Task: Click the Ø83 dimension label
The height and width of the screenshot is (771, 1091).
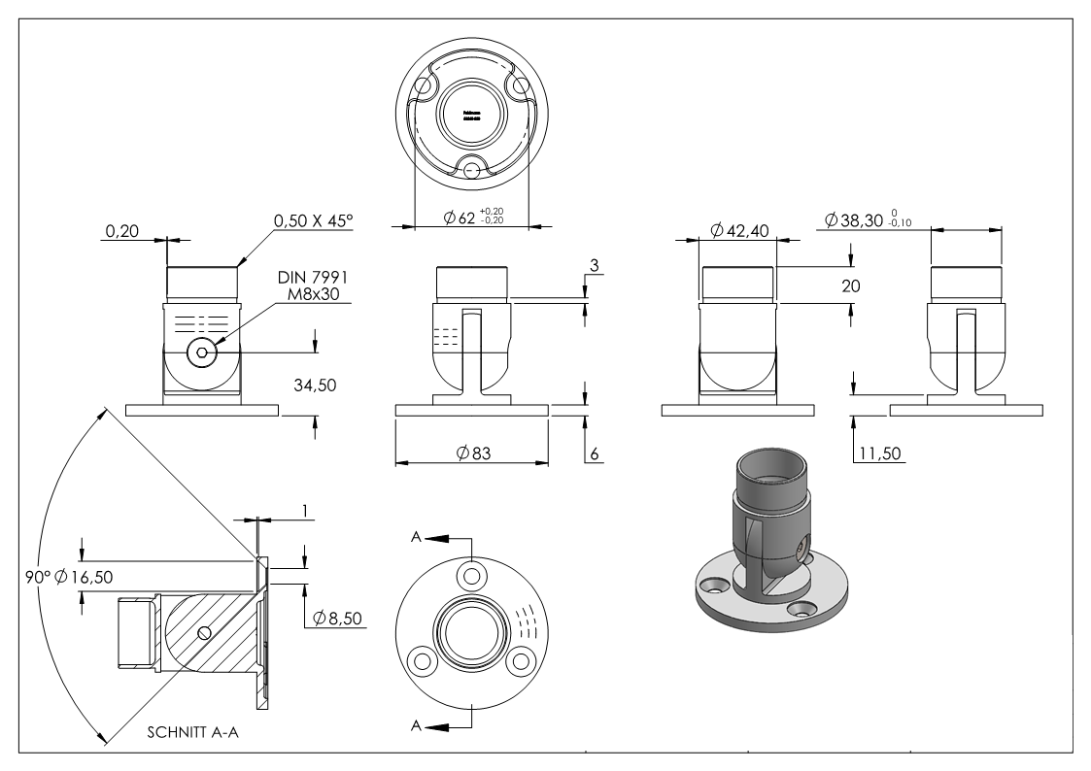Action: point(472,451)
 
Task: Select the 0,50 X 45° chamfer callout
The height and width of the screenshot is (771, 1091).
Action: point(313,221)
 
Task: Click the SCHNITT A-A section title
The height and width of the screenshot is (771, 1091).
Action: point(193,733)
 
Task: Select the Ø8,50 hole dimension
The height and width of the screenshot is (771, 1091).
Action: point(339,618)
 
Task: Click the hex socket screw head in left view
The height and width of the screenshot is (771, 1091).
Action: point(201,353)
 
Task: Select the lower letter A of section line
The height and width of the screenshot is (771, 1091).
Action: point(415,724)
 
